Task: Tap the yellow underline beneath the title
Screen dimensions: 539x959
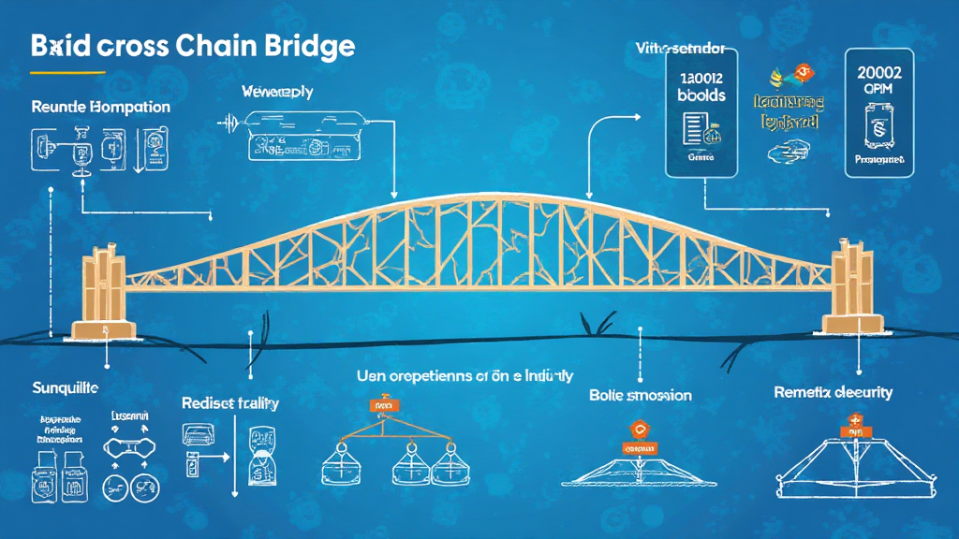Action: click(x=66, y=71)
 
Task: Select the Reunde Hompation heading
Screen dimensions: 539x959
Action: click(x=100, y=107)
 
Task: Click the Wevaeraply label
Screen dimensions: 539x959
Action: click(x=276, y=93)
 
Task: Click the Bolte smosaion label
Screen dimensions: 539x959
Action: click(x=640, y=395)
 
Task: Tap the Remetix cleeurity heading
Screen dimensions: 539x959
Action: click(x=833, y=392)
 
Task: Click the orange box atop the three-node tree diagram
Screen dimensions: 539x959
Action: click(x=380, y=406)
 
